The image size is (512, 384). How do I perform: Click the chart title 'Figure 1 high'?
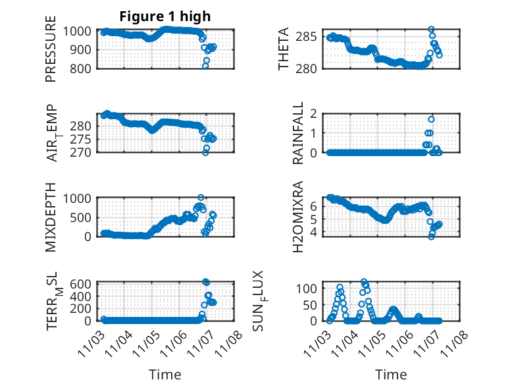(165, 16)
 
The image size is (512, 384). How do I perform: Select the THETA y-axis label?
(284, 49)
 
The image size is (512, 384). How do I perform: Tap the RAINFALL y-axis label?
(298, 133)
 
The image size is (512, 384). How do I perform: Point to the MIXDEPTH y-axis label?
(51, 217)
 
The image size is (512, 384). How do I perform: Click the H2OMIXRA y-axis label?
(298, 217)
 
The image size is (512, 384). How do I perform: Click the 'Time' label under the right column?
(391, 374)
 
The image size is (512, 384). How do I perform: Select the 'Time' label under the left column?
(165, 374)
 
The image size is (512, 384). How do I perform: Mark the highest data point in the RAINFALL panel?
(431, 119)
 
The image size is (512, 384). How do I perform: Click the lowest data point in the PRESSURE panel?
(205, 66)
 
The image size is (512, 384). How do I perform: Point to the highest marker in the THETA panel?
(431, 30)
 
